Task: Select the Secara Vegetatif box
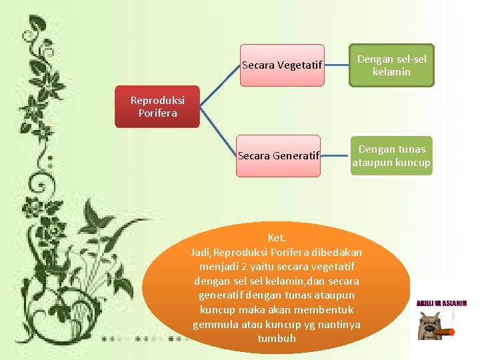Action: (282, 65)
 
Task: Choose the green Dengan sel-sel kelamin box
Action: (391, 65)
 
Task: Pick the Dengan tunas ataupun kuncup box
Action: (391, 155)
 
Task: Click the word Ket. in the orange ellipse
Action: (277, 238)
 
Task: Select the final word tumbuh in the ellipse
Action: (277, 339)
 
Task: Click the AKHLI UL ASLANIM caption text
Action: (441, 303)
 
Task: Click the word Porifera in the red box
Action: (157, 113)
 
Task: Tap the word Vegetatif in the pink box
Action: (300, 65)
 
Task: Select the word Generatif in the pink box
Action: (297, 156)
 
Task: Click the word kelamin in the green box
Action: (391, 71)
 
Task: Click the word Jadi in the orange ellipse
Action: (200, 253)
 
